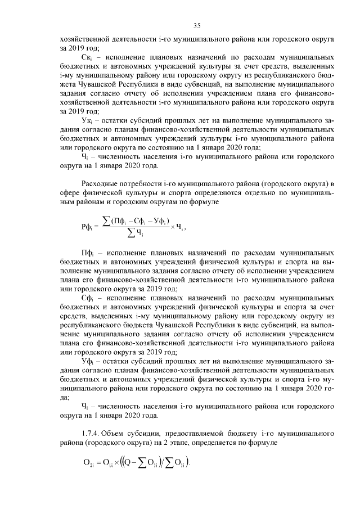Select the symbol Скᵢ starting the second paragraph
(x=87, y=57)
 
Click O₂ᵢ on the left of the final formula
(x=88, y=463)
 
